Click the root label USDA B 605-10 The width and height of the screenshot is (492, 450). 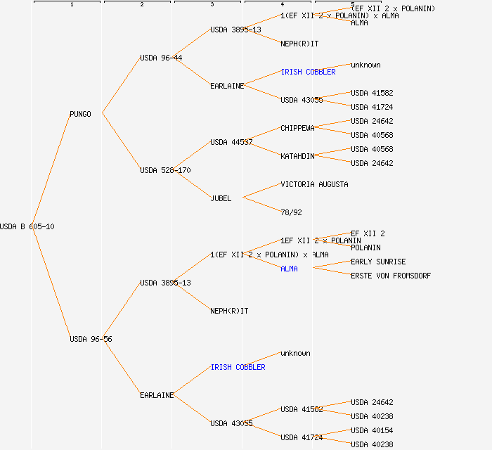(27, 226)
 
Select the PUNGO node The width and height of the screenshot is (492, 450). (80, 114)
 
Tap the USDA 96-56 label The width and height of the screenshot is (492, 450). (91, 339)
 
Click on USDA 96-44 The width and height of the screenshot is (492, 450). (161, 58)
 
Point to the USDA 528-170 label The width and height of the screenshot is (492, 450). (165, 170)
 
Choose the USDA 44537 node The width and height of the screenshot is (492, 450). (231, 142)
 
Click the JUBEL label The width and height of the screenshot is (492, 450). (221, 198)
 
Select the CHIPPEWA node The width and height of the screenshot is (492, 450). (297, 128)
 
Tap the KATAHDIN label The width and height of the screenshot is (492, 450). (297, 156)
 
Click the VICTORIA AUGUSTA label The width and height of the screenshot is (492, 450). (314, 184)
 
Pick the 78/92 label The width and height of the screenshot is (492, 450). (291, 212)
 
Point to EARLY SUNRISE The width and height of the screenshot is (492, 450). (378, 262)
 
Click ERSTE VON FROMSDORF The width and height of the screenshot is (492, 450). (391, 276)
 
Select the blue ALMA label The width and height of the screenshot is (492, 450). (289, 269)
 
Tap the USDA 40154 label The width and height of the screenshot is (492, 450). (372, 430)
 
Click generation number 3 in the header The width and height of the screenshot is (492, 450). (212, 5)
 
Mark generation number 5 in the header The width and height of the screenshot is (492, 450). (352, 5)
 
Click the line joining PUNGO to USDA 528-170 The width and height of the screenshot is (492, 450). (121, 141)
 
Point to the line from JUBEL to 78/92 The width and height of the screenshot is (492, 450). (261, 205)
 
